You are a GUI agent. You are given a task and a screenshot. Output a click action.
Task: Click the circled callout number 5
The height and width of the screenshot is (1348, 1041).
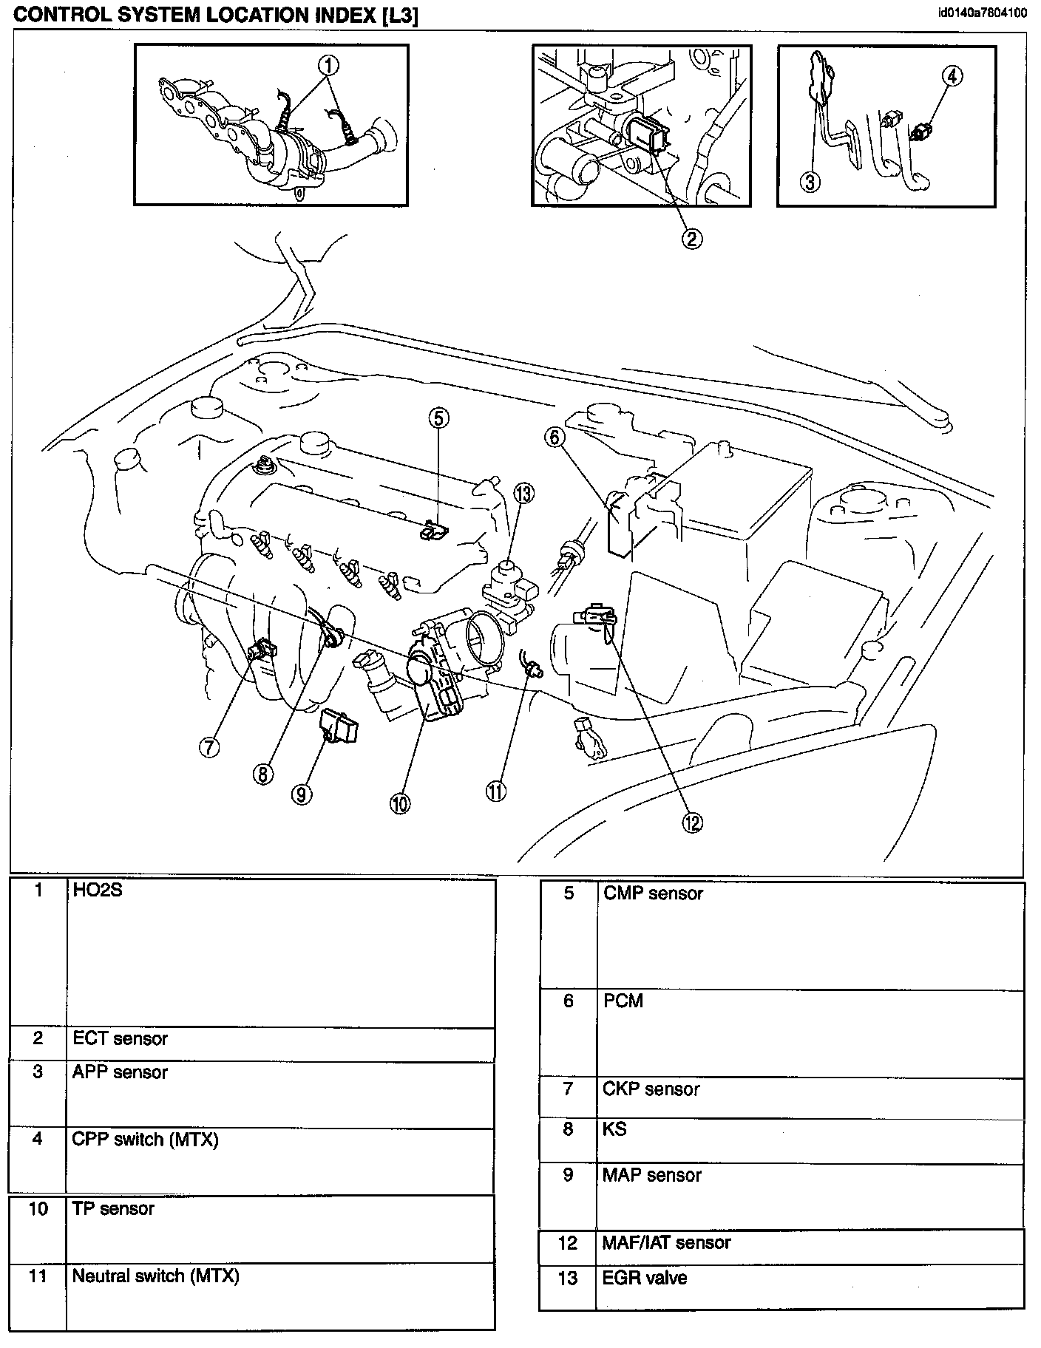point(438,419)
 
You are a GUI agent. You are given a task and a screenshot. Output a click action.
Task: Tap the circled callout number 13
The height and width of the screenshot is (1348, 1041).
point(524,494)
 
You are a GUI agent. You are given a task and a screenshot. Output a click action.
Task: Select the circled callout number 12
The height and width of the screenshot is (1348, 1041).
point(692,822)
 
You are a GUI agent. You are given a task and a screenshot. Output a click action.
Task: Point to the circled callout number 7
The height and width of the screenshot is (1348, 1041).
point(209,746)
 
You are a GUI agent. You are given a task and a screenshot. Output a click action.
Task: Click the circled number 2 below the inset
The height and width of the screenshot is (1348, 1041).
point(692,238)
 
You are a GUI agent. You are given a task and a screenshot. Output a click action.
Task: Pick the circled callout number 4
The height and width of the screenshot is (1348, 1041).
point(953,75)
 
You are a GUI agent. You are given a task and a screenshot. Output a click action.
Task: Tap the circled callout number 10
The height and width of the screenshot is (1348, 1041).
point(400,803)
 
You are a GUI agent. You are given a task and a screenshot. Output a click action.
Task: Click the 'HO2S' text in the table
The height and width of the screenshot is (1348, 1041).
point(97,891)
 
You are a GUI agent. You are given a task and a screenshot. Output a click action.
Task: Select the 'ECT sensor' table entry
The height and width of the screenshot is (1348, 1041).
point(120,1038)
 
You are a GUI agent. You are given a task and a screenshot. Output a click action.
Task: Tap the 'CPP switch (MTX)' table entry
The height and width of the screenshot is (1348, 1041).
point(145,1139)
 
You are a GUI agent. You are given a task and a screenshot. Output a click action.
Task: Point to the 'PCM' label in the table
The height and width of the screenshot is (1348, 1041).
point(623,1001)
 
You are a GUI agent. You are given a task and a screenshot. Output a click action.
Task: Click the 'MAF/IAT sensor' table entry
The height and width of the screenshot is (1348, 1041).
point(666,1242)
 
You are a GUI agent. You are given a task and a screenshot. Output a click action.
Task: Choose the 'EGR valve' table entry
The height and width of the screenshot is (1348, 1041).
point(645,1278)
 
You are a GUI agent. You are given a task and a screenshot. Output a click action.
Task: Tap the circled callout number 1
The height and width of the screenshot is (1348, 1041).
point(329,67)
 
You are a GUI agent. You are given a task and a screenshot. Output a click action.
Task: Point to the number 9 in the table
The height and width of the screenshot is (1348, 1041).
point(568,1175)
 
